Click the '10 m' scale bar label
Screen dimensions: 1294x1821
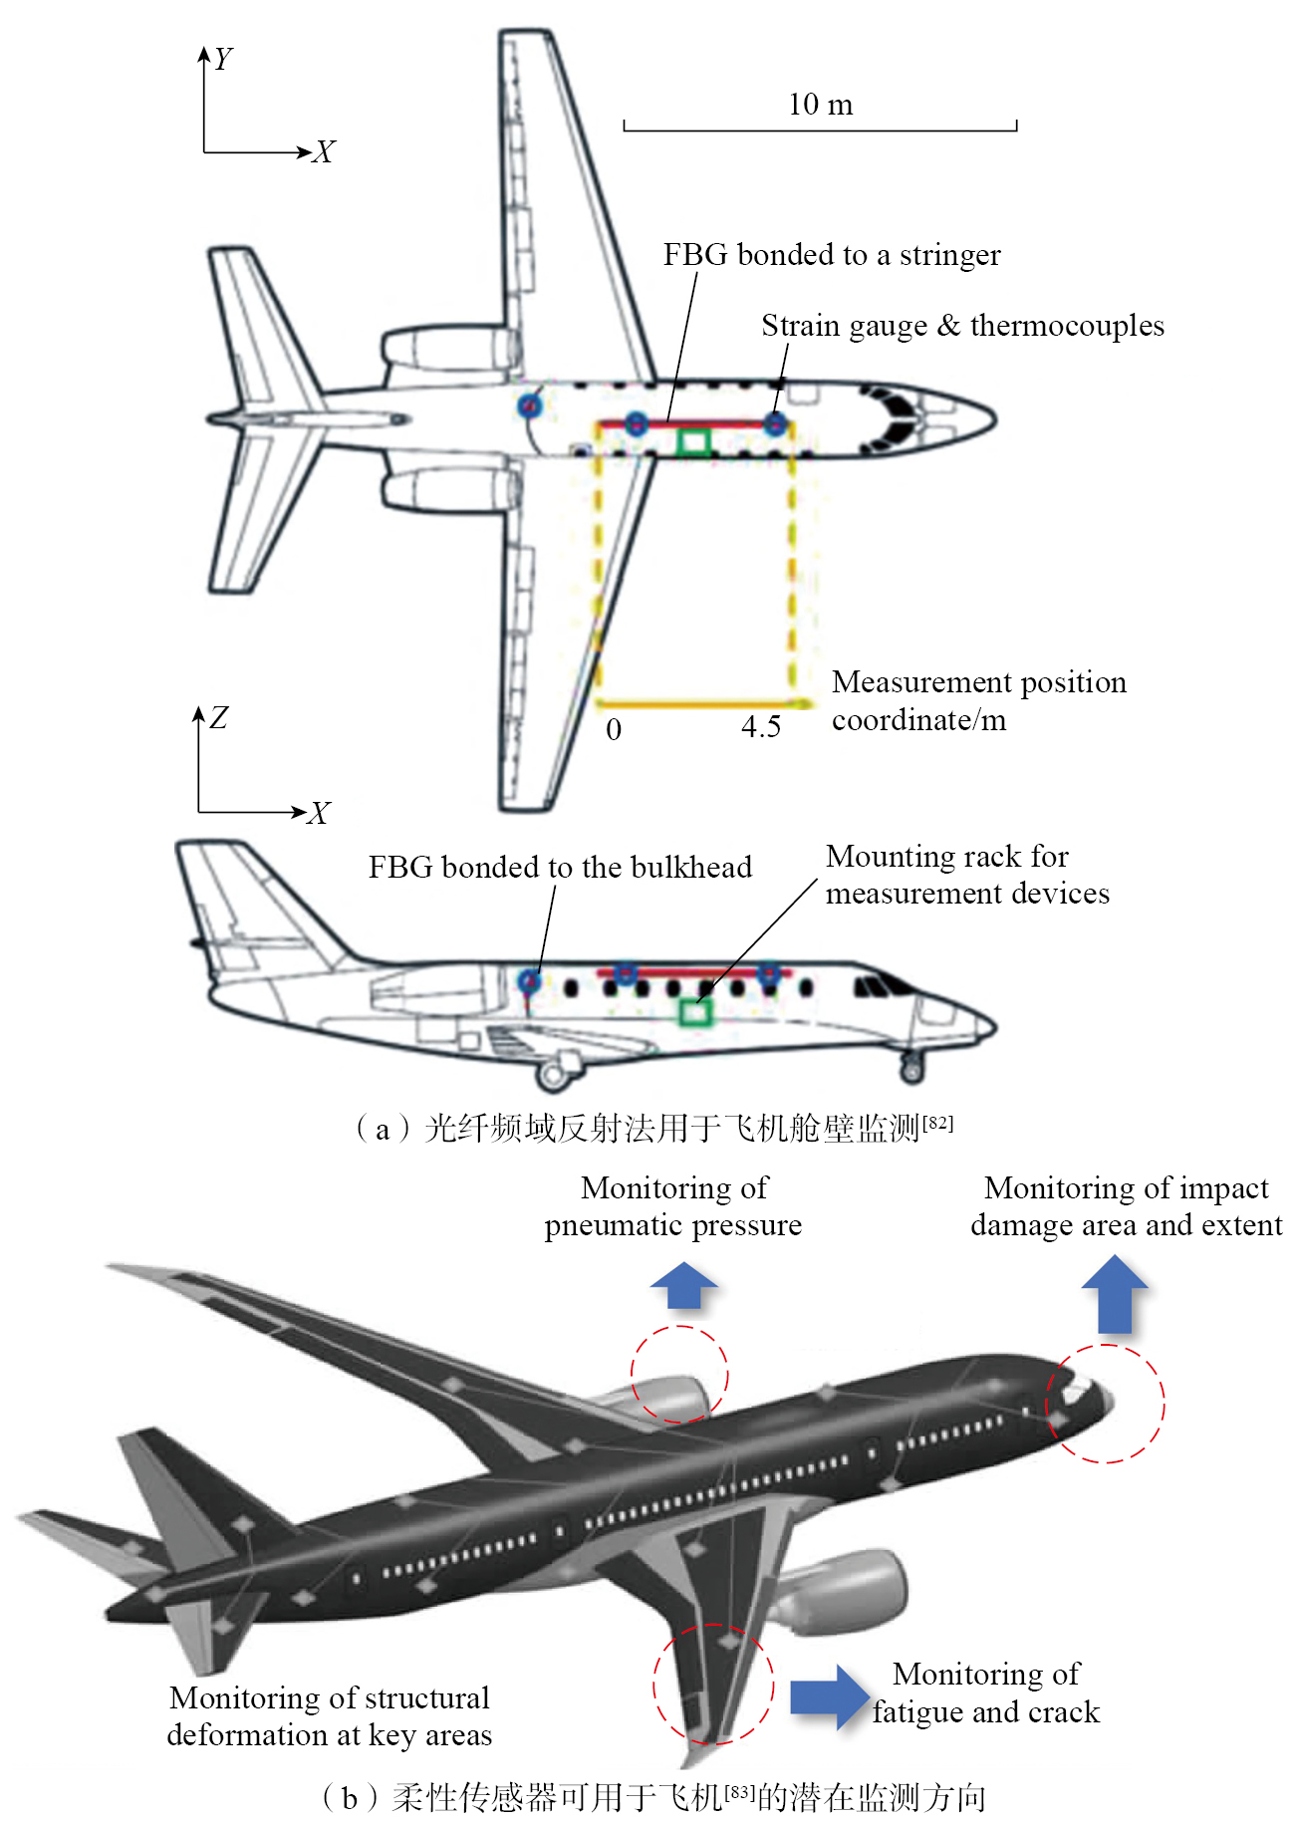820,105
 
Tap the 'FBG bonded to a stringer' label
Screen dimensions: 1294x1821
832,255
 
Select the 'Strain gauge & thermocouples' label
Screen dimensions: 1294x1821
962,326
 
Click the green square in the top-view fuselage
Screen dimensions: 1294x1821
693,441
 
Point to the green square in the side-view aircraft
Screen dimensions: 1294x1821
694,1012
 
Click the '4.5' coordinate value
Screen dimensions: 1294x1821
761,726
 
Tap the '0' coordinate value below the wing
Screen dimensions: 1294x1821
614,729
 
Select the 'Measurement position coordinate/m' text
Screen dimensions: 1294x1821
979,700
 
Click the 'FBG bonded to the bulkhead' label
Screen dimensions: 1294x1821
560,867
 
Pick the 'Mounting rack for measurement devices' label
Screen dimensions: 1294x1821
967,875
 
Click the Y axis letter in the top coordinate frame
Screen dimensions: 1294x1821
223,59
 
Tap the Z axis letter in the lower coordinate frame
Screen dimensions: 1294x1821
219,717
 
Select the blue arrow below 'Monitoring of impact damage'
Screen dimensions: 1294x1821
1115,1293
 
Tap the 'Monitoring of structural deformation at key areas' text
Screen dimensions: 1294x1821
330,1715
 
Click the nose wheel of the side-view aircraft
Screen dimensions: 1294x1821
911,1071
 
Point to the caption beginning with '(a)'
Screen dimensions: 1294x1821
654,1128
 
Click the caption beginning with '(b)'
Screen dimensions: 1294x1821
653,1797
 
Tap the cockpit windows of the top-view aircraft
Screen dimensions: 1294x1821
895,418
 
